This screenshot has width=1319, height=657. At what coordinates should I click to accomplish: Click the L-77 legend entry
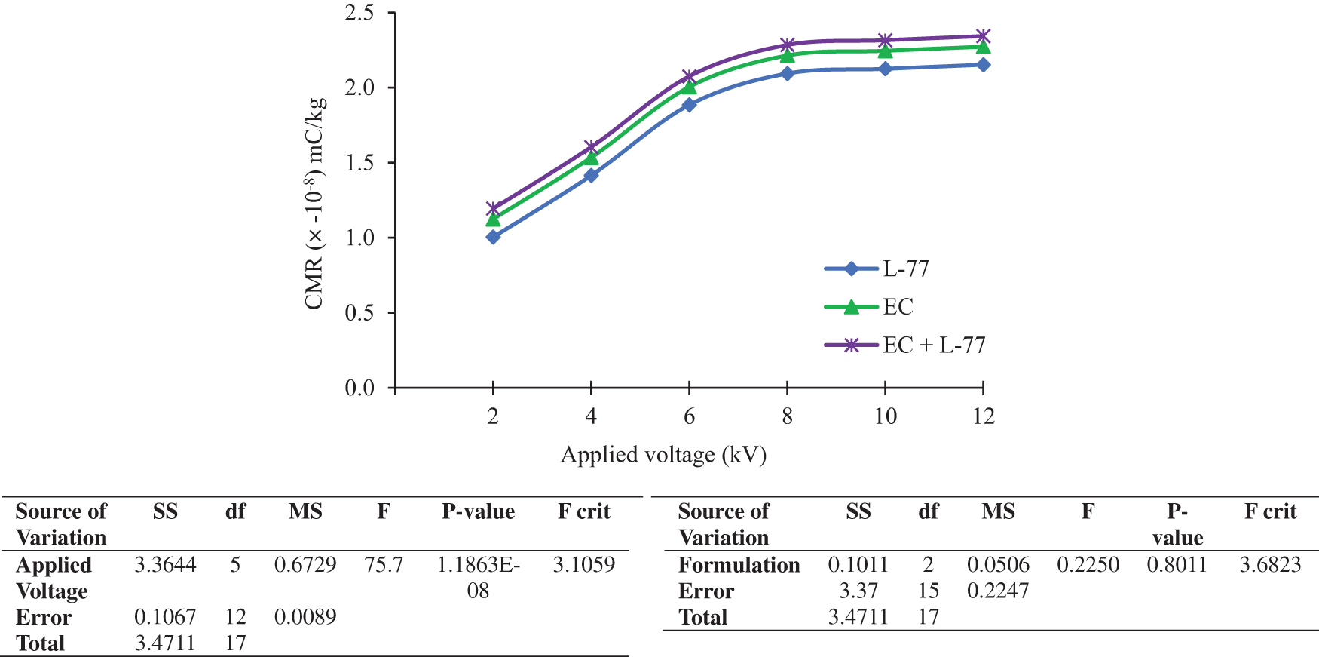(905, 269)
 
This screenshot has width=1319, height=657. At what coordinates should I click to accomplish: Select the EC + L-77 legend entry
(934, 345)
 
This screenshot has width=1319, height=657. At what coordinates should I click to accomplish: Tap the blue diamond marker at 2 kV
(493, 237)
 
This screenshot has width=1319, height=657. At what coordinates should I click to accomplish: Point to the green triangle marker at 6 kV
(689, 87)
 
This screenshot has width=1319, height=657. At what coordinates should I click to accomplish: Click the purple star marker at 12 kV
(983, 36)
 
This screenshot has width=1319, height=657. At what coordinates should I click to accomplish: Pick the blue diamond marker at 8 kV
(787, 73)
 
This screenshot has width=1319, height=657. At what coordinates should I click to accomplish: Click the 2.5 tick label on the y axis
(360, 13)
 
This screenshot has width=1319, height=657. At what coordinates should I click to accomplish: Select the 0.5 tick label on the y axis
(360, 312)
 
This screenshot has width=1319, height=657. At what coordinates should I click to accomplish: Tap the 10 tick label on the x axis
(885, 416)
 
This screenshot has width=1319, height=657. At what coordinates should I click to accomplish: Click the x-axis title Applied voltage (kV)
(663, 455)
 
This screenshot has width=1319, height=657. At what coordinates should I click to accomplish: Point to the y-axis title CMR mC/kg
(315, 204)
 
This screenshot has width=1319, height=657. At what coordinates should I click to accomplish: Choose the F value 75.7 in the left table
(384, 565)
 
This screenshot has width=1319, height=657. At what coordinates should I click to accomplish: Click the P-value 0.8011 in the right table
(1177, 565)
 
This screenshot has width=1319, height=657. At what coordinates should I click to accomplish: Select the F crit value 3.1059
(583, 565)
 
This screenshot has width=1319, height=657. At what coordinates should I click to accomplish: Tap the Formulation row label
(739, 565)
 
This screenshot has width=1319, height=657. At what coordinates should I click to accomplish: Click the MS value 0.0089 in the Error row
(305, 617)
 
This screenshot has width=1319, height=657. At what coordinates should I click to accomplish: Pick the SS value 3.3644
(165, 565)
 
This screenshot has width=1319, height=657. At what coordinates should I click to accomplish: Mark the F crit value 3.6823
(1270, 565)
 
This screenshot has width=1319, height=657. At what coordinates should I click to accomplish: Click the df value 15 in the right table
(929, 591)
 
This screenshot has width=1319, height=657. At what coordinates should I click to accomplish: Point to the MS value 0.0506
(998, 565)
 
